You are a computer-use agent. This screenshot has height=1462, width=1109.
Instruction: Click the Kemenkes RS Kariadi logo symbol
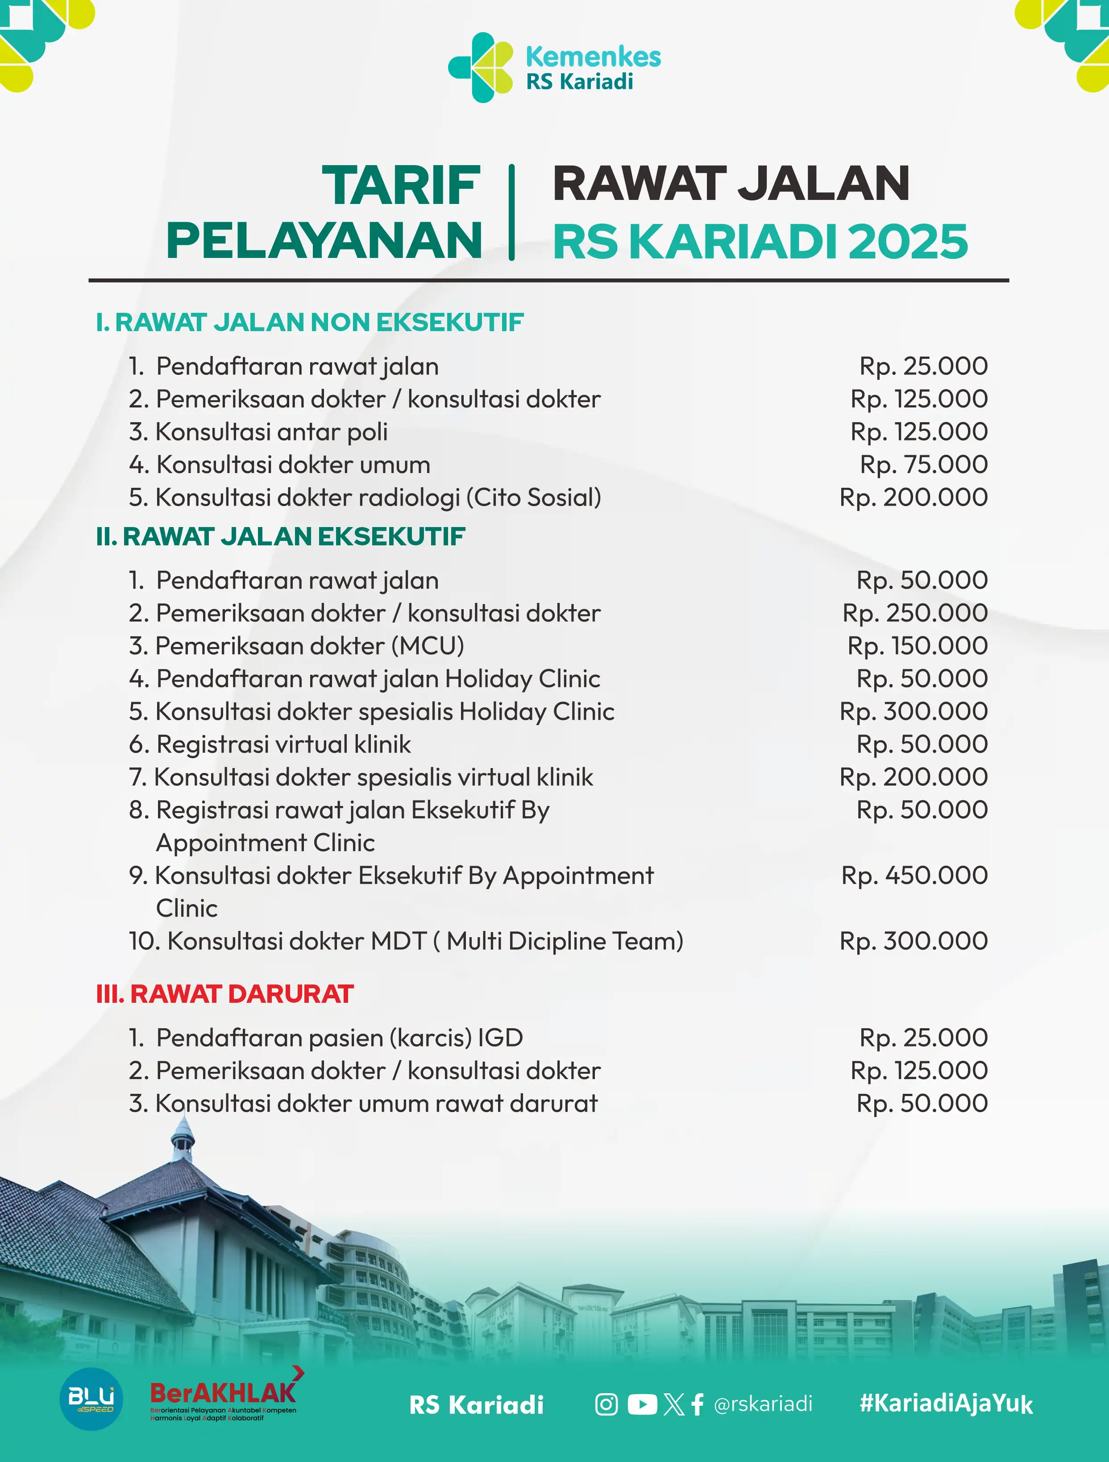[481, 67]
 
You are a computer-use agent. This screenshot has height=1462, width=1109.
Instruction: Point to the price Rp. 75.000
[923, 465]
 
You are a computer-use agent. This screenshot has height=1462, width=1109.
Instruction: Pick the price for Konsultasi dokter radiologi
[914, 498]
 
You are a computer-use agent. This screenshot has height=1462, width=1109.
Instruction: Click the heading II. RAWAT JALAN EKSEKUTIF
[280, 537]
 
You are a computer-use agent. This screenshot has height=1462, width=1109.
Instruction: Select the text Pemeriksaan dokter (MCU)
[297, 646]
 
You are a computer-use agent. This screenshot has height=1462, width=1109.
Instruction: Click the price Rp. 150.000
[918, 646]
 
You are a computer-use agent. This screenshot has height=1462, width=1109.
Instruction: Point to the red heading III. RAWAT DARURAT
[225, 994]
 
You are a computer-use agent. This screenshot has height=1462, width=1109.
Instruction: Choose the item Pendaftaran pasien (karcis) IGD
[326, 1038]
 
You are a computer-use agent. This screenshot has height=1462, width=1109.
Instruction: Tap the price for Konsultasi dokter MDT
[914, 941]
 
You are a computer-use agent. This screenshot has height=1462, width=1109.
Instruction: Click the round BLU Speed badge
[91, 1399]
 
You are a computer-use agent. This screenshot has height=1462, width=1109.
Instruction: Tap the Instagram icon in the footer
[606, 1404]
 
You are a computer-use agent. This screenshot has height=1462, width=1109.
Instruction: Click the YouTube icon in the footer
[642, 1404]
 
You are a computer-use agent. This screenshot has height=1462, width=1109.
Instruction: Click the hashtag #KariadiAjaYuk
[946, 1403]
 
